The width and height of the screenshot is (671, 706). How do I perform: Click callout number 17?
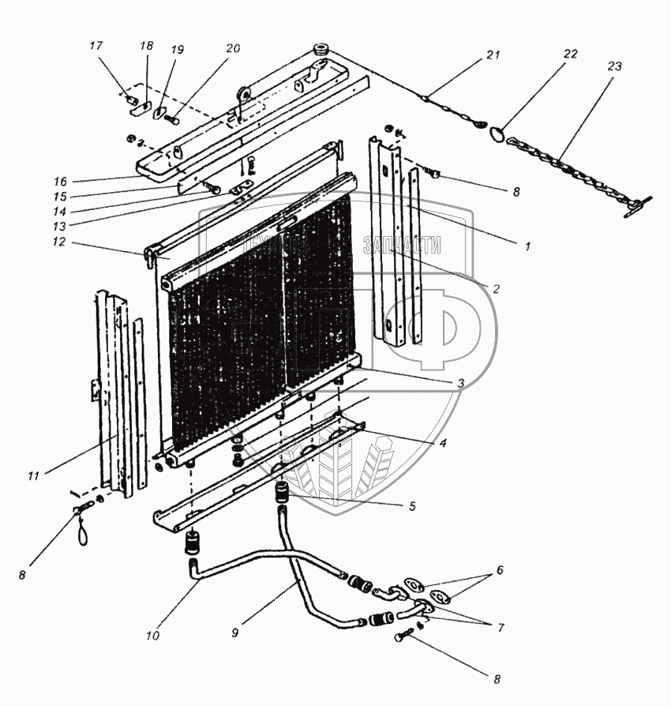tap(96, 47)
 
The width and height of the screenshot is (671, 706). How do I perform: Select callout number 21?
tap(493, 55)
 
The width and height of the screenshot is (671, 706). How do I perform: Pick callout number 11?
tap(32, 475)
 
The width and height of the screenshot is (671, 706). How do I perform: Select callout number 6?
tap(499, 569)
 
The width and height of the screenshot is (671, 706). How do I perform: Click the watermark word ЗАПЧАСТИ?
tap(402, 246)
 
